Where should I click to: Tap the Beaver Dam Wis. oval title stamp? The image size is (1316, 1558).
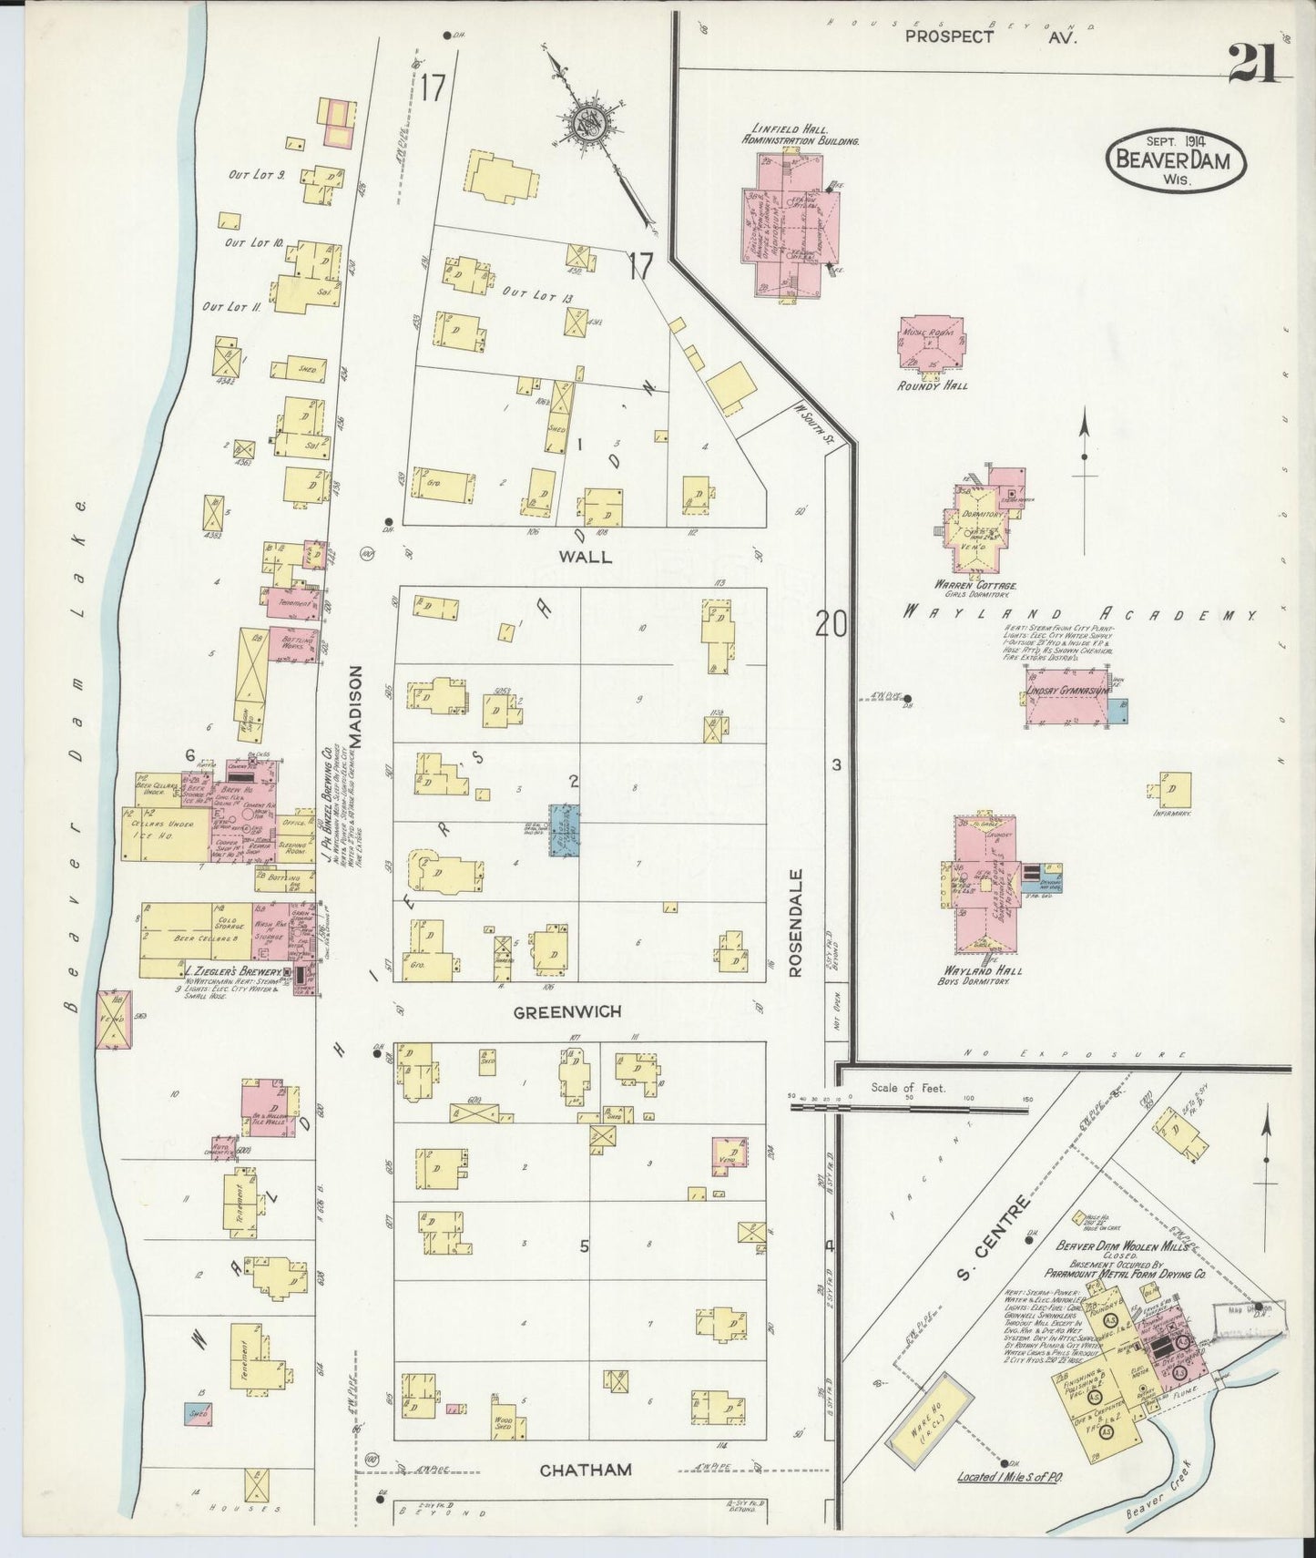tap(1174, 161)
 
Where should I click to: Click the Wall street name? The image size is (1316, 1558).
tap(587, 556)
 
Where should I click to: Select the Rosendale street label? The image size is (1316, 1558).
tap(795, 923)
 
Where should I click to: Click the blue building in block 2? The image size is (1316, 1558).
tap(564, 828)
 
